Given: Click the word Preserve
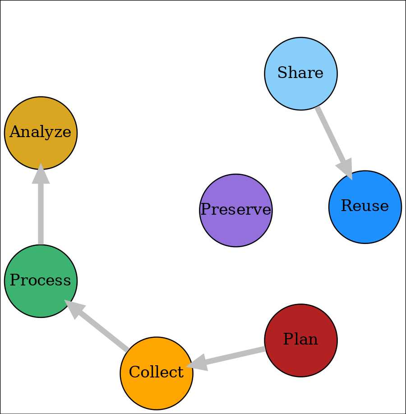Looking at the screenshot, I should click(235, 210).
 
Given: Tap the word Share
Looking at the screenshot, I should click(301, 73).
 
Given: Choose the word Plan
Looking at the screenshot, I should click(301, 340).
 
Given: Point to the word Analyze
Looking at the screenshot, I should click(41, 133).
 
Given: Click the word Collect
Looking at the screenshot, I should click(156, 373).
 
